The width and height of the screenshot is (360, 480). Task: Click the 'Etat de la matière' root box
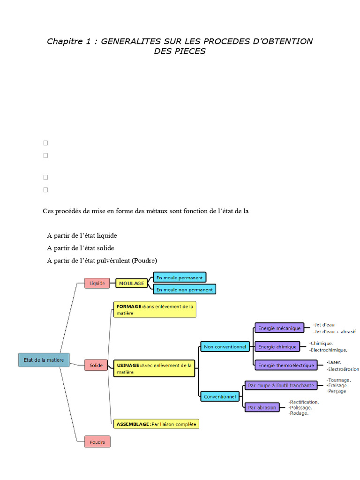click(x=44, y=360)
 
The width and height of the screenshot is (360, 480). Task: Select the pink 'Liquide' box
click(x=97, y=283)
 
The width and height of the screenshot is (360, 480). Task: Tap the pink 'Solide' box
click(x=96, y=365)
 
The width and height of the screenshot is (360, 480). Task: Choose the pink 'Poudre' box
click(x=97, y=442)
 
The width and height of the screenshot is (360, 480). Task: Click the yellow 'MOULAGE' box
click(x=131, y=283)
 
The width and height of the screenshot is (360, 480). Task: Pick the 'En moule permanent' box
click(x=180, y=277)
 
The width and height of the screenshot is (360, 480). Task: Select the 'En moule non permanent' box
click(x=184, y=289)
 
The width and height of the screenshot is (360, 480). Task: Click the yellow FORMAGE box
click(x=155, y=309)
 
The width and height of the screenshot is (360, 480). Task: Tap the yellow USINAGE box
click(x=154, y=368)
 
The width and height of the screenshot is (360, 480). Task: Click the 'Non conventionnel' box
click(x=225, y=347)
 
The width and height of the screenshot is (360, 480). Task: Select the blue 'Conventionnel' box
click(x=220, y=397)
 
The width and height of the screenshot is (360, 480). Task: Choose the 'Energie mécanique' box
click(x=279, y=328)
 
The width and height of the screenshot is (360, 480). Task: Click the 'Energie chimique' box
click(x=277, y=347)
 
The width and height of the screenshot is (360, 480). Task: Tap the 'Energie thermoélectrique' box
click(x=286, y=365)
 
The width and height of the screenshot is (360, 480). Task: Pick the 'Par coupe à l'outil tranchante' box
click(x=281, y=385)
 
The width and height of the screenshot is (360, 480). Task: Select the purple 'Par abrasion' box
click(x=262, y=407)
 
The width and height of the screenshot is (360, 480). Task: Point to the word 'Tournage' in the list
click(x=340, y=380)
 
